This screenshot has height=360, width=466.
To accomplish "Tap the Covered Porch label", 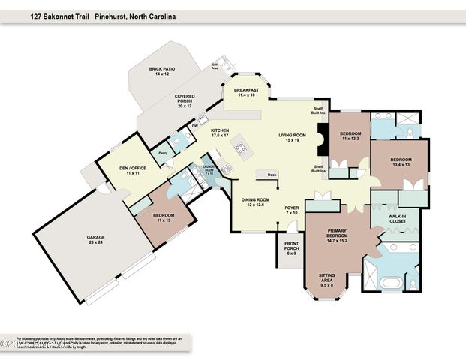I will (185, 101).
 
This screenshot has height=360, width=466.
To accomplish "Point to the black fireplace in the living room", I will (323, 139).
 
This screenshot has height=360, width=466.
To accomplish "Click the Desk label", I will (272, 175).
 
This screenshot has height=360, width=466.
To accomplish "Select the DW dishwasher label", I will (195, 126).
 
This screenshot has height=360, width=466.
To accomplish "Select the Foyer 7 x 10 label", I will (292, 211).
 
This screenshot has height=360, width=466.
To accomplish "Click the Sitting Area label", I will (327, 279).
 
